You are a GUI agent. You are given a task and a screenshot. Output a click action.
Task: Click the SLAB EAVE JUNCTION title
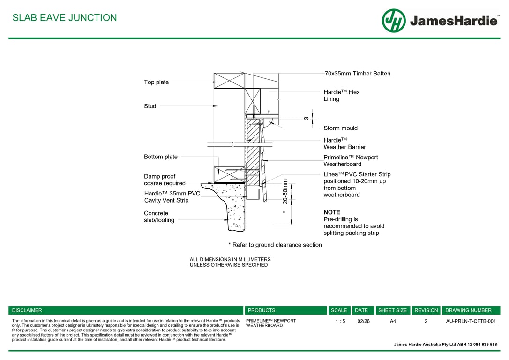click(x=65, y=18)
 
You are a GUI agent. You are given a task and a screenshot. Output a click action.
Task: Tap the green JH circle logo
click(x=394, y=21)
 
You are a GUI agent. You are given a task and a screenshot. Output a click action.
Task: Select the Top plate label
click(x=156, y=82)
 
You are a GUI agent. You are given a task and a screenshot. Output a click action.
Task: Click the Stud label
click(x=150, y=106)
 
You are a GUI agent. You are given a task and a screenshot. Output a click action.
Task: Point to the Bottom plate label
click(x=160, y=157)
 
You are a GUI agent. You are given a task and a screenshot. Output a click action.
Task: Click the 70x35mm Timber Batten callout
click(x=357, y=74)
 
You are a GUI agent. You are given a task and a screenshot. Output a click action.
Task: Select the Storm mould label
click(x=340, y=128)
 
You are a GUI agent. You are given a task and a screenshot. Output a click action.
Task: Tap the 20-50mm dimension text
click(x=285, y=191)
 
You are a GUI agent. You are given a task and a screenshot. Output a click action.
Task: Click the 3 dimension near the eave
click(x=306, y=118)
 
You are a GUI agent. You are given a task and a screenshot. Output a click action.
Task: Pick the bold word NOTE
click(x=332, y=212)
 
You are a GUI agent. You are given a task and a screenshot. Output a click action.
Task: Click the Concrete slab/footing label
click(x=159, y=217)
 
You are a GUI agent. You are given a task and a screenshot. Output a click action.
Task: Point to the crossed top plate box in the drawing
click(x=229, y=81)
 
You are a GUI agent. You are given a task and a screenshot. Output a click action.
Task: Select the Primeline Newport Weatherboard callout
click(x=350, y=161)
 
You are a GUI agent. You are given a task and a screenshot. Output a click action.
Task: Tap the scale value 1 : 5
click(x=340, y=321)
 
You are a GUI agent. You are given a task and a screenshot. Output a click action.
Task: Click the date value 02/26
click(x=363, y=321)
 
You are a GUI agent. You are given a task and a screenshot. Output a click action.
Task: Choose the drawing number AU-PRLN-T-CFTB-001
click(x=471, y=321)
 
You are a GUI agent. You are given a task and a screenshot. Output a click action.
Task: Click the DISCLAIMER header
click(x=27, y=310)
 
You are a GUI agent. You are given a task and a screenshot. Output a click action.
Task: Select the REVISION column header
click(x=426, y=310)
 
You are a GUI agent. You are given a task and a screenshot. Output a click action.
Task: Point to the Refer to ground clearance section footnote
click(x=275, y=245)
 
